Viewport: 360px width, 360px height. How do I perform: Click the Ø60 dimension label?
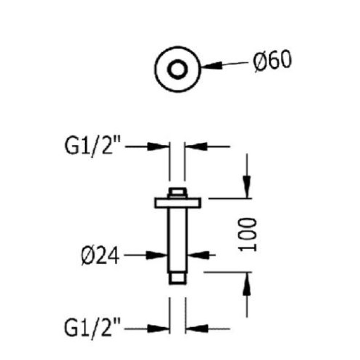pyautogui.click(x=272, y=61)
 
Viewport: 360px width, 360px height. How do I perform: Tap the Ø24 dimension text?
pyautogui.click(x=100, y=256)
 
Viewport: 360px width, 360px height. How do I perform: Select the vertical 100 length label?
pyautogui.click(x=248, y=235)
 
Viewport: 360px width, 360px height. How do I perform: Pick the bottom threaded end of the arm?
pyautogui.click(x=177, y=279)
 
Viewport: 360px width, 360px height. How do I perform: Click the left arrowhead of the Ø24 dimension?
pyautogui.click(x=156, y=255)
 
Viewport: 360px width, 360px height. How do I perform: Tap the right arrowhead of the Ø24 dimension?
pyautogui.click(x=199, y=255)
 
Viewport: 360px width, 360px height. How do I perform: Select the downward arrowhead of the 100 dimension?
pyautogui.click(x=247, y=186)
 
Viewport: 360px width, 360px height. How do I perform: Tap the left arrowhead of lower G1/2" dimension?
pyautogui.click(x=158, y=329)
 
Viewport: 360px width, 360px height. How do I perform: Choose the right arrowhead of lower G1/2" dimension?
pyautogui.click(x=197, y=329)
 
